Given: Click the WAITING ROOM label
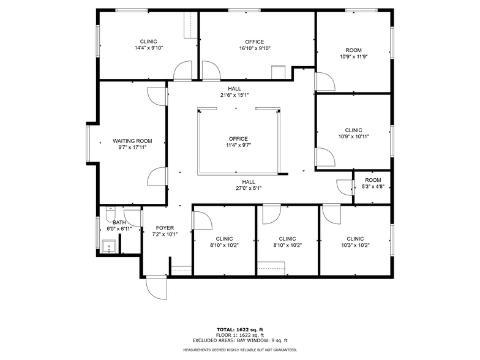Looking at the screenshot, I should [132, 141].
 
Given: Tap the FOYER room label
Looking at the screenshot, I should [165, 228].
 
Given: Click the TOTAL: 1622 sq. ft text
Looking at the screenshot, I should [239, 330].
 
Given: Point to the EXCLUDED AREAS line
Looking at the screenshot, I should [239, 340].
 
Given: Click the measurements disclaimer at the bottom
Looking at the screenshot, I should [239, 350].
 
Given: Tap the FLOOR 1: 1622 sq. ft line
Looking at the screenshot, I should [239, 336].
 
